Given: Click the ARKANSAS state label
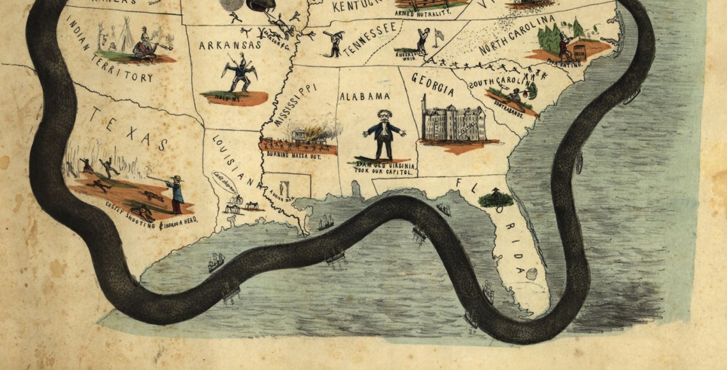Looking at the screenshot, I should pyautogui.click(x=230, y=45).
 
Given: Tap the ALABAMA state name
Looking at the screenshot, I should pyautogui.click(x=364, y=96).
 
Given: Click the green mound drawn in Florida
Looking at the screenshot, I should pyautogui.click(x=496, y=198).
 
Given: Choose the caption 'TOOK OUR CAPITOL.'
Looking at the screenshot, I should pyautogui.click(x=385, y=172).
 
